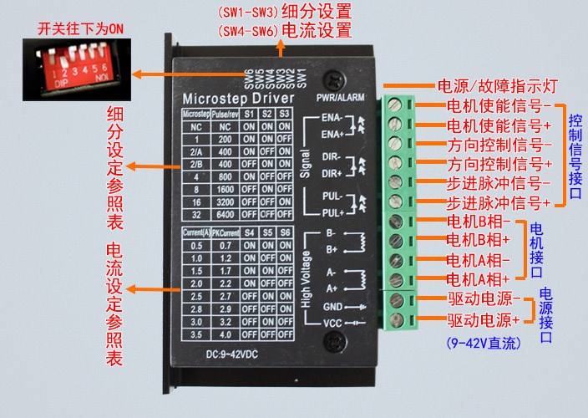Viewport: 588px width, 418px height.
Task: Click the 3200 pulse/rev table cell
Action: (225, 201)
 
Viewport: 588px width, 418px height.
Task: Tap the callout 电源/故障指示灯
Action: (498, 86)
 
